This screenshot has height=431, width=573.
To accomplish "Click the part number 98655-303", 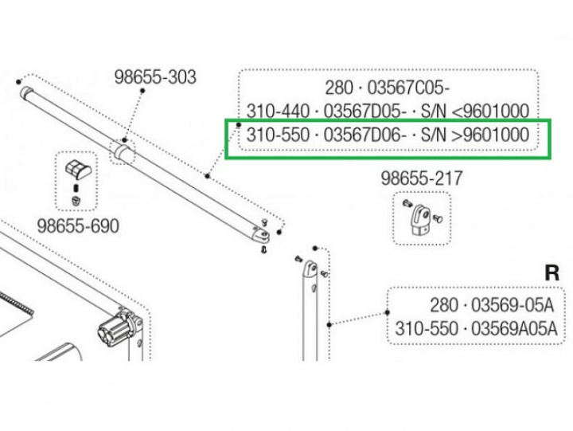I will click(155, 78).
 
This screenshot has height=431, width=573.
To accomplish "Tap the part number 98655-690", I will click(80, 226).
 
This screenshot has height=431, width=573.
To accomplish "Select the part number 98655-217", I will click(423, 178).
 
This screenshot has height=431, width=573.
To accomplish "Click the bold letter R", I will click(552, 272).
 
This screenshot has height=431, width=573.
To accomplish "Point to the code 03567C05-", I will click(411, 87).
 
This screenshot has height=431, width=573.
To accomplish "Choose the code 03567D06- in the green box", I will click(370, 136).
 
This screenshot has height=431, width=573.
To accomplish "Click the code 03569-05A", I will click(514, 305).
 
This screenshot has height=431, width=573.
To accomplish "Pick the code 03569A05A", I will click(514, 328).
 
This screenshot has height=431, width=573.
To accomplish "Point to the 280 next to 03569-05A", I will click(444, 305).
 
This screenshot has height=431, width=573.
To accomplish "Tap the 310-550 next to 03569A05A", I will click(427, 328).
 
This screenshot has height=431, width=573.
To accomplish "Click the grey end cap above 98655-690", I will click(77, 168).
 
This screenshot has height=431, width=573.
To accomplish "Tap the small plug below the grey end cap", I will click(76, 198).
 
